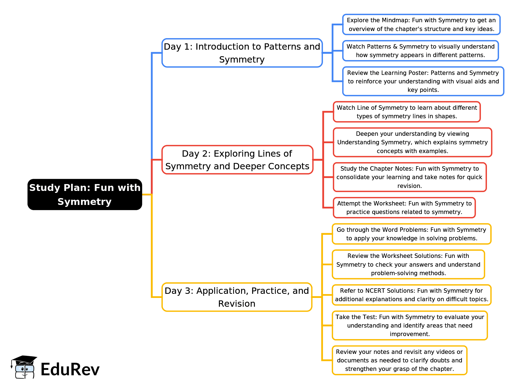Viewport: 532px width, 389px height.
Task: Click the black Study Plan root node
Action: click(x=85, y=194)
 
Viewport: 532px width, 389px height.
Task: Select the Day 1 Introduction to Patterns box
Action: click(x=242, y=53)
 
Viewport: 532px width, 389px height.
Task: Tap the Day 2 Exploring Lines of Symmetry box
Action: click(x=237, y=160)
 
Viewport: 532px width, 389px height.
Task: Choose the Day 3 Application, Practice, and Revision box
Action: click(x=237, y=297)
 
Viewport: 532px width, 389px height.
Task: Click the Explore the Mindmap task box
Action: click(x=421, y=24)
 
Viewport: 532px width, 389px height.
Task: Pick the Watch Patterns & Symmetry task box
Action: click(x=420, y=51)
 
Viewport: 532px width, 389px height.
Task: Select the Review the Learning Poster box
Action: click(x=423, y=81)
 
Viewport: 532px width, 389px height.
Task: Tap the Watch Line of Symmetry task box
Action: click(x=407, y=112)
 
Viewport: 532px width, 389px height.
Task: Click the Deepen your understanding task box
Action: click(x=412, y=142)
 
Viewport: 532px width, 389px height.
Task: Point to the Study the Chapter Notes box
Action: click(x=410, y=177)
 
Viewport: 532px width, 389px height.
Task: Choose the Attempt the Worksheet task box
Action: click(x=404, y=207)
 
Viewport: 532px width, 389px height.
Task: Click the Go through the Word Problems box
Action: click(x=411, y=234)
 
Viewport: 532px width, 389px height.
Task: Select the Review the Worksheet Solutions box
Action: click(x=408, y=264)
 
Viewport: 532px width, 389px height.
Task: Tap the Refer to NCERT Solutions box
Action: click(x=411, y=295)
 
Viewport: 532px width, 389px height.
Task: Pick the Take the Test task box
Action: click(x=410, y=325)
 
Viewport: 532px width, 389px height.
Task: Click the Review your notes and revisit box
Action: click(x=399, y=360)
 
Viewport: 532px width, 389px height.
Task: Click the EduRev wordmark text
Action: click(x=70, y=369)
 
